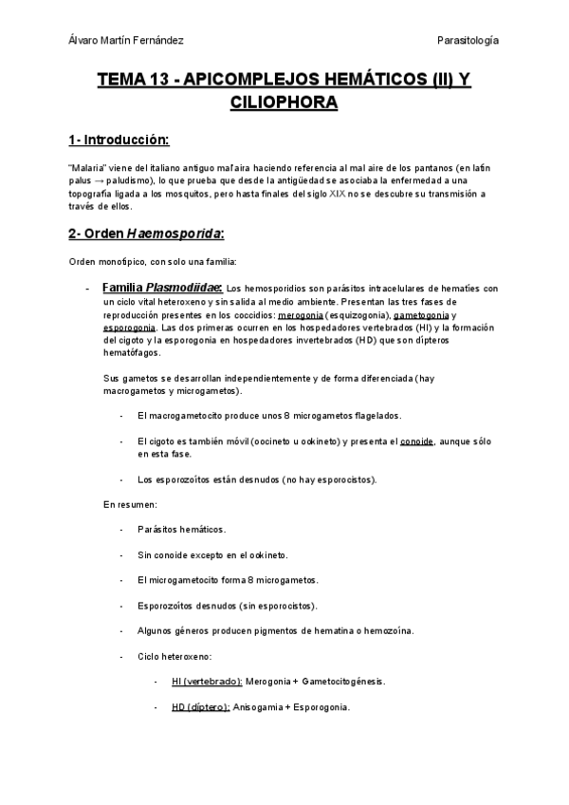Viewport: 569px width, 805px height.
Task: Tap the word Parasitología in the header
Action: coord(468,40)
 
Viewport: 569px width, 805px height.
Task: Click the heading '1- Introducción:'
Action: coord(119,140)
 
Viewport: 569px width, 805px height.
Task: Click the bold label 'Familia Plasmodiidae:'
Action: coord(161,288)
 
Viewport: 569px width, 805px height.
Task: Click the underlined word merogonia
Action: coord(301,314)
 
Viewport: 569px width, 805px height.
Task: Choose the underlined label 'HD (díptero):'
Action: coord(200,707)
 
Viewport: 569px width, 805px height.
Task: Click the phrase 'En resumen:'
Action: coord(130,504)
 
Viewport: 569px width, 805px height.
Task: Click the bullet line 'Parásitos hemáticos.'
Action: coord(181,529)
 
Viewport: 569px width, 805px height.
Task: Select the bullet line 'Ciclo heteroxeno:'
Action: coord(174,656)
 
